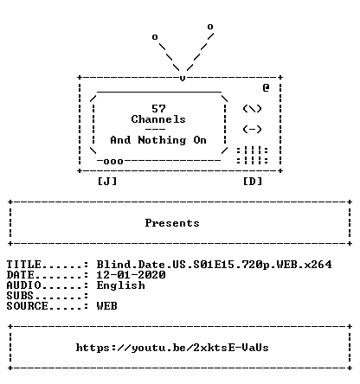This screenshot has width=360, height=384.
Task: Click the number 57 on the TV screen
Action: (158, 109)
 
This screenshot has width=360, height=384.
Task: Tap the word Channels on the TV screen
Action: (158, 119)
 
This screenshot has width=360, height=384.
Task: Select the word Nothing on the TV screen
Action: (162, 140)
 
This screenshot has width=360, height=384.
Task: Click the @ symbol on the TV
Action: (266, 87)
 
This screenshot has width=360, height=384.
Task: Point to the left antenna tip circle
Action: (155, 37)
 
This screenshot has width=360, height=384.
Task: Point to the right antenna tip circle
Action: (210, 27)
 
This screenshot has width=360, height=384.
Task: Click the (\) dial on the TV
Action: (252, 109)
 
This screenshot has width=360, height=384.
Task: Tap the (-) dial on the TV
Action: (252, 130)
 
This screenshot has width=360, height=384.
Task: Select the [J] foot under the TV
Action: (107, 182)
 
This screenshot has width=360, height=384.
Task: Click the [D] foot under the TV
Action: (253, 182)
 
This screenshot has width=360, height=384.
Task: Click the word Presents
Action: (172, 223)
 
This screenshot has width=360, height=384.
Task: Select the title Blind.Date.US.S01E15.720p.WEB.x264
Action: (214, 265)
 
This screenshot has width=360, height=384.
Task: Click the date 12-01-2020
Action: (131, 275)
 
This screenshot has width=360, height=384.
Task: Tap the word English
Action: (120, 285)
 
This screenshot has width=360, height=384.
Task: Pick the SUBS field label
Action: (20, 296)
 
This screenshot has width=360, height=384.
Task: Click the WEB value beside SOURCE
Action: (107, 306)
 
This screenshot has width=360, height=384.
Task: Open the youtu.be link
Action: (172, 348)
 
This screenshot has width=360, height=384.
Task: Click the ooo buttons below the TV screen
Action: (113, 162)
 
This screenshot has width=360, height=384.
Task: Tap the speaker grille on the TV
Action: (252, 156)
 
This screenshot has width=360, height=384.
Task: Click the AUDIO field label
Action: (23, 285)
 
